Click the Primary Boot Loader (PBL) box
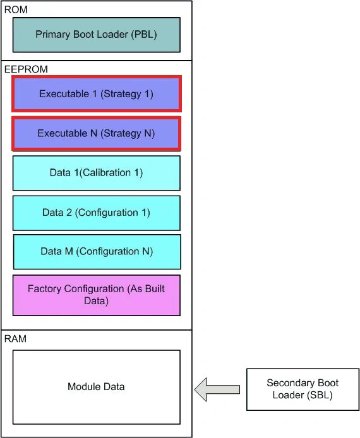97,35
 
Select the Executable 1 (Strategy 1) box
97,94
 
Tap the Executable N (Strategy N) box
97,134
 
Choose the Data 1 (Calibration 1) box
97,173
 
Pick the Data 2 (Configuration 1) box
97,213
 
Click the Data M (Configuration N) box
97,252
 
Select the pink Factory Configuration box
97,295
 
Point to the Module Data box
97,387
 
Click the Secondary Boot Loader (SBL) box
303,389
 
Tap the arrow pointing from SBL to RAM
217,389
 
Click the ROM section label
16,9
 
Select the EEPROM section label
26,69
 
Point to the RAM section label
15,339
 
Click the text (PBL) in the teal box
144,34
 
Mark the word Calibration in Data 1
107,173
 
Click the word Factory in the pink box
44,289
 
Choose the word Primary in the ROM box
53,34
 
